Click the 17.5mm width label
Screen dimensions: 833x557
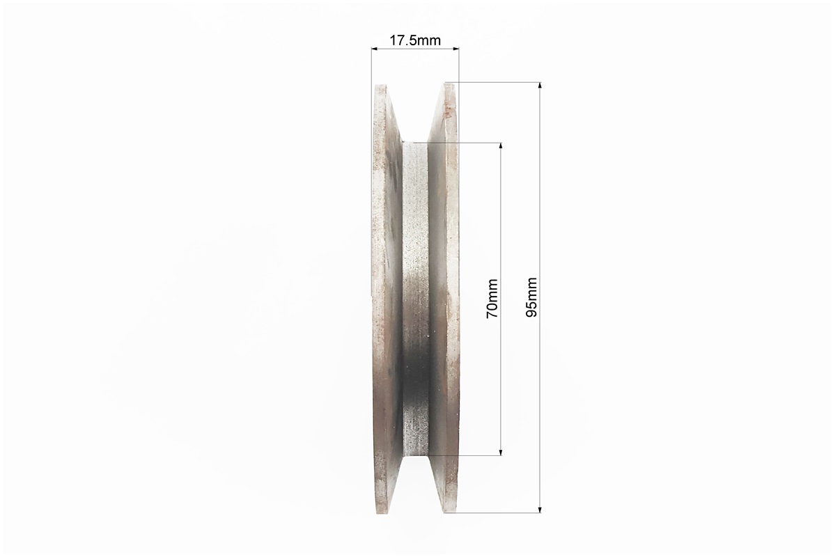click(x=415, y=40)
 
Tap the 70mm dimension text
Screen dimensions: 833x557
click(x=492, y=299)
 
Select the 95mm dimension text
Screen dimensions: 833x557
click(x=531, y=298)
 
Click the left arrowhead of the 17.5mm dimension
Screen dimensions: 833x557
click(x=375, y=49)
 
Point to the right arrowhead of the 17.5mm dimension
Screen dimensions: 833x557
click(x=456, y=49)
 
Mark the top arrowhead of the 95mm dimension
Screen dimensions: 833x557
click(x=540, y=86)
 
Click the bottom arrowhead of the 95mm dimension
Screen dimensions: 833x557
click(x=540, y=509)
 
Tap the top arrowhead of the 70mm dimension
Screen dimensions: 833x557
click(x=501, y=146)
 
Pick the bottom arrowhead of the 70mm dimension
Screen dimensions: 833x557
click(x=501, y=451)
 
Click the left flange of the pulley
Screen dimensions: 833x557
click(x=386, y=299)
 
